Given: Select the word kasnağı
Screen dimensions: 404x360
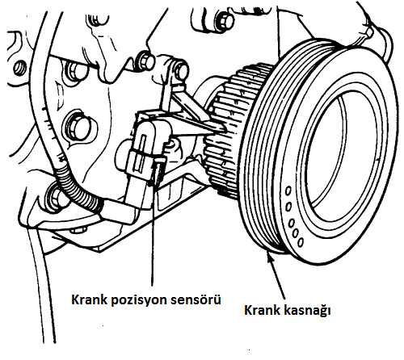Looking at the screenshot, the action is click(x=307, y=311).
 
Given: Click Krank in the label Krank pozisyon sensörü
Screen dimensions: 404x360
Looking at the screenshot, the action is click(x=90, y=299).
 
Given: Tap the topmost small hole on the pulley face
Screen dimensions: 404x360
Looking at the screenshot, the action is click(x=288, y=191).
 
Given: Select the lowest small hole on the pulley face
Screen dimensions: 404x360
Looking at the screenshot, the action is click(x=301, y=242).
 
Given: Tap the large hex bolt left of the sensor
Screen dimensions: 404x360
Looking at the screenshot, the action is click(x=77, y=126).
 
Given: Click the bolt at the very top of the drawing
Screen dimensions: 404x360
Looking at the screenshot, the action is click(x=225, y=19).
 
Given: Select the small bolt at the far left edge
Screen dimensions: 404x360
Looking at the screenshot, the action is click(x=20, y=67).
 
